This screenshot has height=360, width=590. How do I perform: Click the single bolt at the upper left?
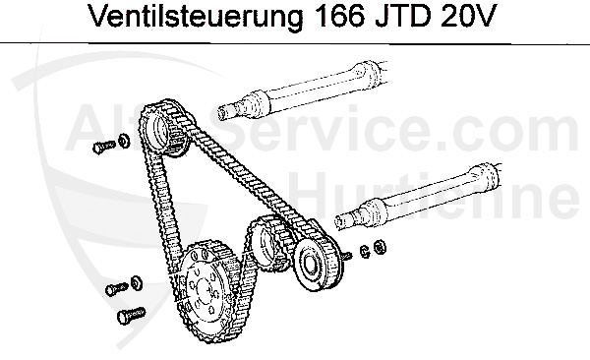(99, 146)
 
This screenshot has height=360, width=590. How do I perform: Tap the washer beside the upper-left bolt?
(123, 141)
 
